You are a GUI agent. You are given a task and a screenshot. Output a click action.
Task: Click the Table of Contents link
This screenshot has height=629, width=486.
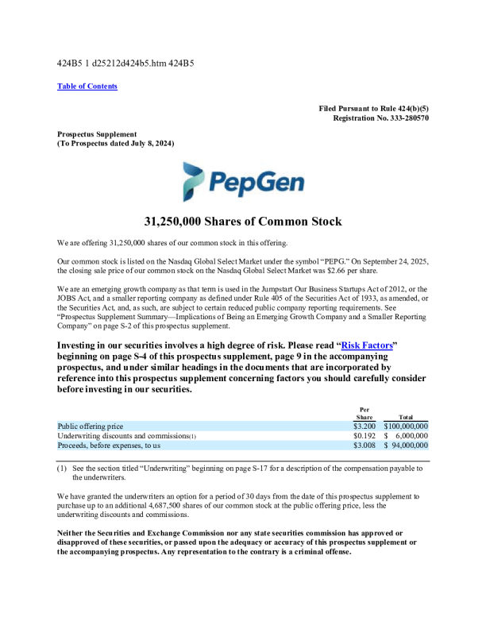pos(87,86)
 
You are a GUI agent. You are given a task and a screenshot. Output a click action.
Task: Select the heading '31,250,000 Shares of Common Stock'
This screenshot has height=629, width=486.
pos(242,222)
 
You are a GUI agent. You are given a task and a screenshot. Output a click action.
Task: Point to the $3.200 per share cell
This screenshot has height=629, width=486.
pos(364,426)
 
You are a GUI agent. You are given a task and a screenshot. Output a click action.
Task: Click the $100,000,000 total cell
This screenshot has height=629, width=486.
pos(405,426)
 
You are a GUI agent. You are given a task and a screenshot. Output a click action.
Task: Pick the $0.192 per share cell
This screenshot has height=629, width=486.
pos(364,437)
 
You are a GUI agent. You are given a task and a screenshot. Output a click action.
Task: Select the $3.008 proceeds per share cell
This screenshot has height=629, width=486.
pos(364,447)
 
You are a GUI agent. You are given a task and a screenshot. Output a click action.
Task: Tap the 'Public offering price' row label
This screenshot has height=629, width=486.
pos(91,426)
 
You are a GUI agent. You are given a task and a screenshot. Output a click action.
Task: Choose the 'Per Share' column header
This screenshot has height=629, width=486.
pos(364,413)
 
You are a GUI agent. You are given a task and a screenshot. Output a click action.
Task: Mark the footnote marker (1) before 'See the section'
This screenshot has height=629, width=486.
pos(62,468)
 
